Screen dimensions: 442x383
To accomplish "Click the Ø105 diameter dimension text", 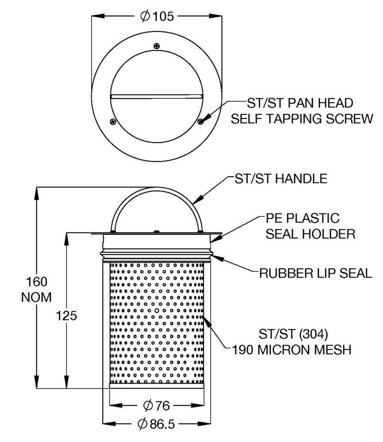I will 157,16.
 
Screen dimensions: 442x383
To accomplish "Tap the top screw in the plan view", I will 156,46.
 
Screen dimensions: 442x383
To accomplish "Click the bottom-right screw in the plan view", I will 201,121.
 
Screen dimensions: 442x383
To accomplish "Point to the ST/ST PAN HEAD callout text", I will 300,103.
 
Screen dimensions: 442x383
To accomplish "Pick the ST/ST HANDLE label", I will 280,179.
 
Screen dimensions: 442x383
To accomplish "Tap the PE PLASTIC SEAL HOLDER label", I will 310,226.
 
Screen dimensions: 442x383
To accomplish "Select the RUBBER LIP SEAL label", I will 316,273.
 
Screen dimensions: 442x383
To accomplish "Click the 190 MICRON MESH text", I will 292,350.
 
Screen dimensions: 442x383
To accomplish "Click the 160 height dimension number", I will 37,282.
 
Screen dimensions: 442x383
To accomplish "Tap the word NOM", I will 37,297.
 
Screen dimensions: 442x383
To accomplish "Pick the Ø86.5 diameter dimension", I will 157,424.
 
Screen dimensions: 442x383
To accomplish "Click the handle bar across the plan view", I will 156,95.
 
